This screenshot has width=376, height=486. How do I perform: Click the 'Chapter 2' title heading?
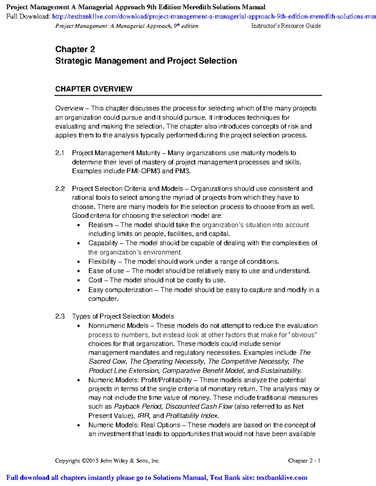75,49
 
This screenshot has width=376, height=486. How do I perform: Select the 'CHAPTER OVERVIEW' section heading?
94,89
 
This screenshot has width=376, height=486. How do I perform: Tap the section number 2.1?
60,153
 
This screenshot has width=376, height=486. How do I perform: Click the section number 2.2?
60,189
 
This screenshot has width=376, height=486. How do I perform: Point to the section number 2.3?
60,316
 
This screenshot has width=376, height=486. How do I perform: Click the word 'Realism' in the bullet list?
100,225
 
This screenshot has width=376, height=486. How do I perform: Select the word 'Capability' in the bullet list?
103,243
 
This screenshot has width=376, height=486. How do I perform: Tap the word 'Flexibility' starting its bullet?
102,262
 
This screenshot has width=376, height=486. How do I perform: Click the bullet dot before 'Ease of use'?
79,271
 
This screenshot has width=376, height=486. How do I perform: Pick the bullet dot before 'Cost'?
79,281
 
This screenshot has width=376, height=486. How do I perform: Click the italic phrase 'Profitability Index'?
192,416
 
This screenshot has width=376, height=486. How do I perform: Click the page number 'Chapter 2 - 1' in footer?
304,461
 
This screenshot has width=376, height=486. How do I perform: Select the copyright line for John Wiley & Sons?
107,461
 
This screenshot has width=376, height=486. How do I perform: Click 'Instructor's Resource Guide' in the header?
286,26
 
